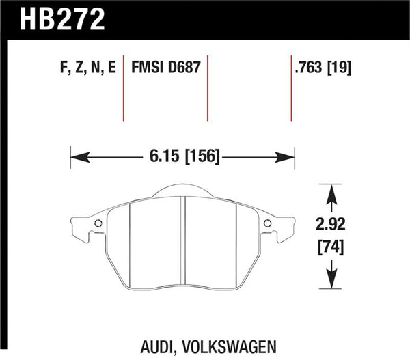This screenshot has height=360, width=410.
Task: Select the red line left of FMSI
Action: coord(124,89)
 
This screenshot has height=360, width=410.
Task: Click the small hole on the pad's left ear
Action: coord(97,224)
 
